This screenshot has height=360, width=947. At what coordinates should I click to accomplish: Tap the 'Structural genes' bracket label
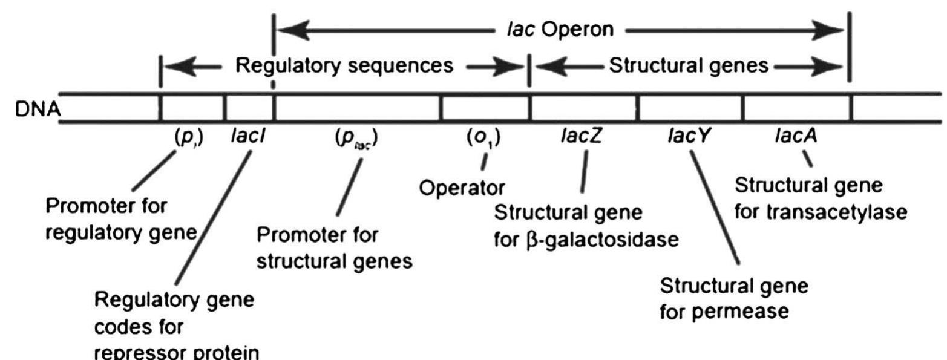pyautogui.click(x=689, y=66)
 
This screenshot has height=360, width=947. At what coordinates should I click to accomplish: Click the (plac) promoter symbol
pyautogui.click(x=357, y=139)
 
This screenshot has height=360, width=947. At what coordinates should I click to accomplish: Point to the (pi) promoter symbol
pyautogui.click(x=189, y=139)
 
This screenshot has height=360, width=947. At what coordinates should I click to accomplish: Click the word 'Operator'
pyautogui.click(x=462, y=188)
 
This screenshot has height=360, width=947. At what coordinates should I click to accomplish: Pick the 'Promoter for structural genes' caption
pyautogui.click(x=335, y=248)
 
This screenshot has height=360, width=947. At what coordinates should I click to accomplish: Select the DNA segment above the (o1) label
pyautogui.click(x=485, y=108)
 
